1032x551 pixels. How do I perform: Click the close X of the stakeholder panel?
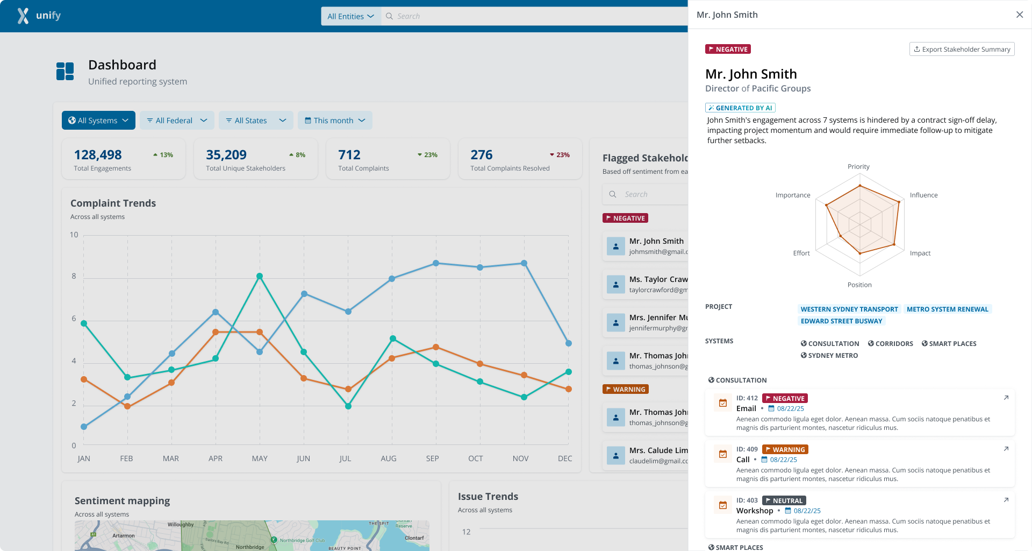(x=1019, y=15)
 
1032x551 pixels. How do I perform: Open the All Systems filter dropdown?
(x=98, y=121)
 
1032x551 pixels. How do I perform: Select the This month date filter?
(x=334, y=121)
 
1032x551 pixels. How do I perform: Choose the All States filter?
(x=255, y=121)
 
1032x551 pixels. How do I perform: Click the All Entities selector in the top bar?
(x=350, y=16)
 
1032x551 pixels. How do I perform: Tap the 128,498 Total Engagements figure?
(x=98, y=155)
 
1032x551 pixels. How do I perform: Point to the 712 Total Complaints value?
(x=349, y=155)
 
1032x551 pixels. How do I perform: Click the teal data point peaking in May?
(x=260, y=276)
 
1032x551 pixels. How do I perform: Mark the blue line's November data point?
(x=524, y=263)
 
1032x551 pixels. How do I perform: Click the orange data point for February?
(x=127, y=406)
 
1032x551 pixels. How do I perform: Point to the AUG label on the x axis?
(x=389, y=458)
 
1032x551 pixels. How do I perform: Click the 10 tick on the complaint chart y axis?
(x=74, y=235)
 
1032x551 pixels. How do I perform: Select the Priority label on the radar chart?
(x=858, y=167)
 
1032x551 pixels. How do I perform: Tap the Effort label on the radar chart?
(x=801, y=253)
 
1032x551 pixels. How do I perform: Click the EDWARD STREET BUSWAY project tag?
(x=841, y=321)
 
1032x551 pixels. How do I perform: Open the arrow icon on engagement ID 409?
(x=1006, y=449)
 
